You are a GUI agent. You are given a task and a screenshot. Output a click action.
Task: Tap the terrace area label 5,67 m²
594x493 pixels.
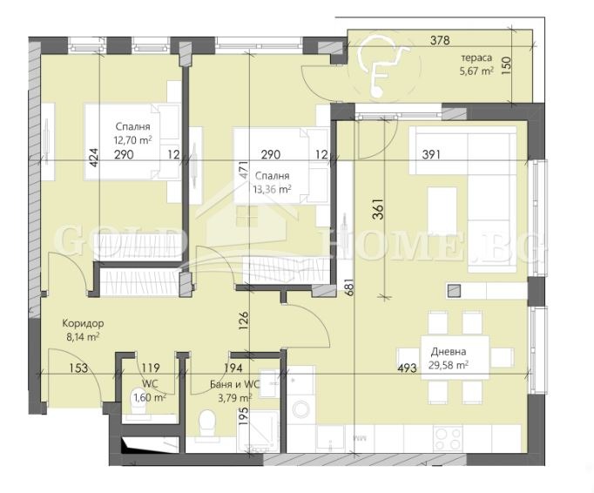pos(476,71)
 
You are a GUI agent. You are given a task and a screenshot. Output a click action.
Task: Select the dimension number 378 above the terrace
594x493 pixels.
pos(440,40)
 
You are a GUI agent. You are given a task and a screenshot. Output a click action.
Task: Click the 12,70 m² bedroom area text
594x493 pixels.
pos(132,140)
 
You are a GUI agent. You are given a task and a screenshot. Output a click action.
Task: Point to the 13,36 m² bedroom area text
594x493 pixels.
pos(272,189)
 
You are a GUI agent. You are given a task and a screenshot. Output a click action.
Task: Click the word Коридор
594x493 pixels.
pos(83,324)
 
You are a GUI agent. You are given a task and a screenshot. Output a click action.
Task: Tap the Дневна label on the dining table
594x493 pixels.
pos(449,352)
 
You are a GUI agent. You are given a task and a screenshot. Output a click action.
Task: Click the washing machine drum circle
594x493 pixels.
pos(303,409)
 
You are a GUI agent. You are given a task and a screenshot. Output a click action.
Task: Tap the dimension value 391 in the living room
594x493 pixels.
pos(431,154)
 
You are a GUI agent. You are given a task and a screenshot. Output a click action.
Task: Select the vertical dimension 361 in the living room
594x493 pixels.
pos(379,209)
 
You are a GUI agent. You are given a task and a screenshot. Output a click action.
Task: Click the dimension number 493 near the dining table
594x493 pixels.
pos(407,368)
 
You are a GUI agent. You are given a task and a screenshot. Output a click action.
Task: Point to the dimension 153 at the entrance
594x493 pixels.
pos(78,368)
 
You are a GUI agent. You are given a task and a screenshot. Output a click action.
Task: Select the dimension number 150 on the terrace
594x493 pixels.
pos(507,64)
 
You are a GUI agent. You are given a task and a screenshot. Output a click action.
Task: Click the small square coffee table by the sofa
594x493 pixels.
pos(454,291)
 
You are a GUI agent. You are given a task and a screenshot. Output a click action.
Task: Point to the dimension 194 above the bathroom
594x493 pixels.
pos(233,368)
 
